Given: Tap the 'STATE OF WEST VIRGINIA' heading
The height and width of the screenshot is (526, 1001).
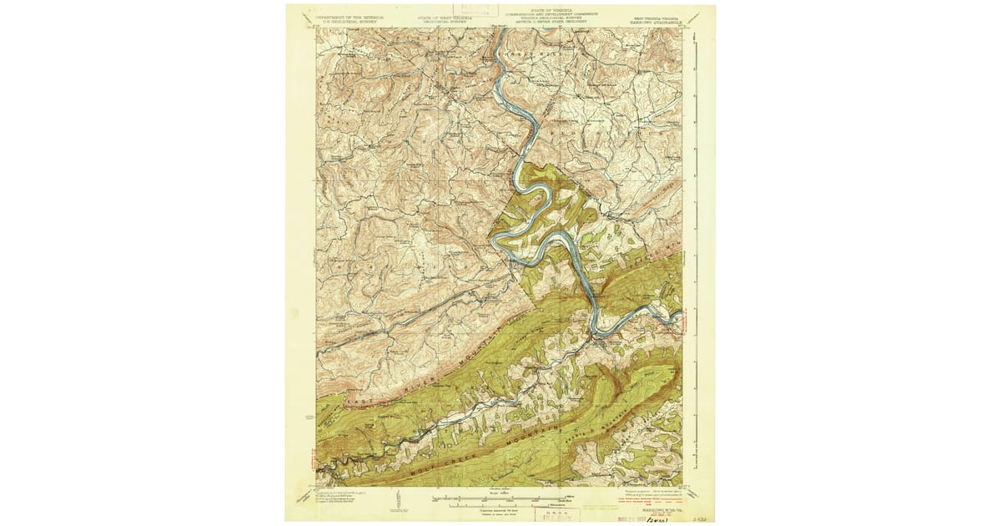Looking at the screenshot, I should click(444, 16).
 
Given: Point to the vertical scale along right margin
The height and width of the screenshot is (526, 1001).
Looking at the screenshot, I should click(695, 250).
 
